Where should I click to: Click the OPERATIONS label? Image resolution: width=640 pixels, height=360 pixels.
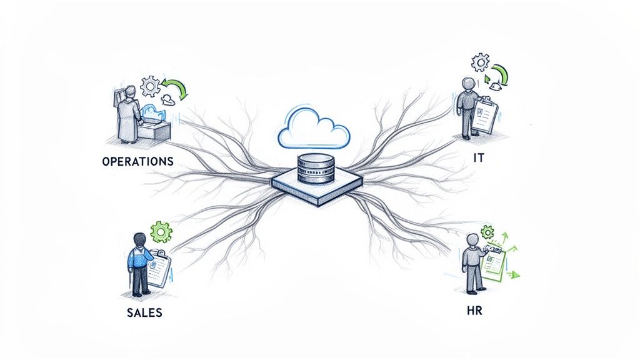pyautogui.click(x=137, y=161)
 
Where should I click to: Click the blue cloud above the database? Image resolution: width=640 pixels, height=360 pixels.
pyautogui.click(x=314, y=126)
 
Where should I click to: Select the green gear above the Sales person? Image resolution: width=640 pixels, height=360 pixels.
pyautogui.click(x=162, y=232)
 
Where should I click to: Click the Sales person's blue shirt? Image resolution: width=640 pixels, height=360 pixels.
pyautogui.click(x=138, y=257)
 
